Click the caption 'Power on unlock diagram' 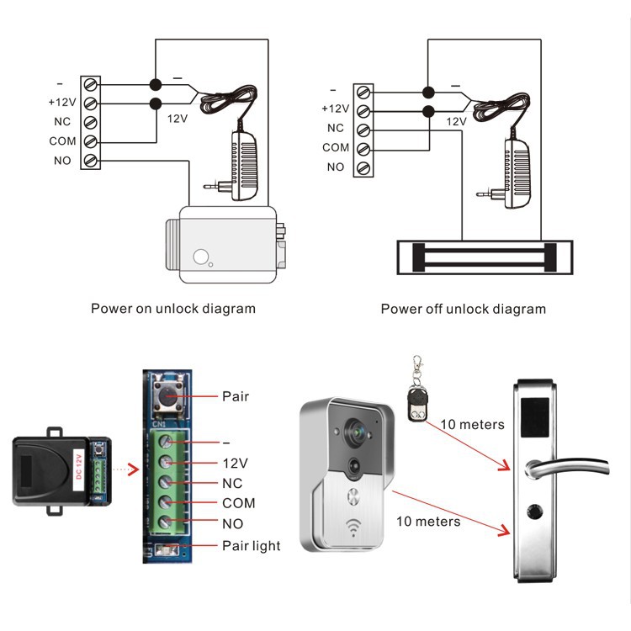point(172,309)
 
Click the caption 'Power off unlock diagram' point(463,309)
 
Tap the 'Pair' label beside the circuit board point(236,395)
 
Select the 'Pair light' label point(251,545)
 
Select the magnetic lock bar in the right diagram point(477,257)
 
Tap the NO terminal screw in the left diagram point(90,161)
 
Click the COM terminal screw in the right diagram point(364,149)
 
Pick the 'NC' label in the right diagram point(336,129)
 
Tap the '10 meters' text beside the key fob point(473,425)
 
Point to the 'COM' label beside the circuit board point(239,503)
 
